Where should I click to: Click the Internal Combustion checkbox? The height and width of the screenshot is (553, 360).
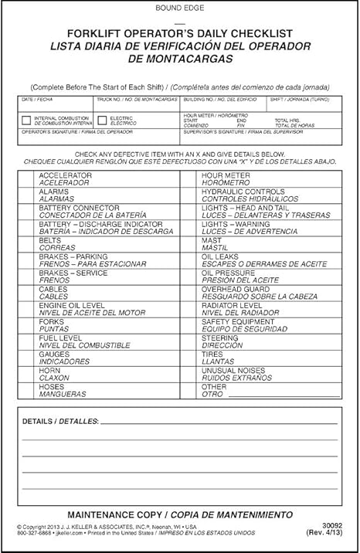(26, 120)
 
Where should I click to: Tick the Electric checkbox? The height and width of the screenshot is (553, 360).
(103, 120)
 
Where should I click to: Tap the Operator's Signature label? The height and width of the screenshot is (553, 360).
(57, 132)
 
